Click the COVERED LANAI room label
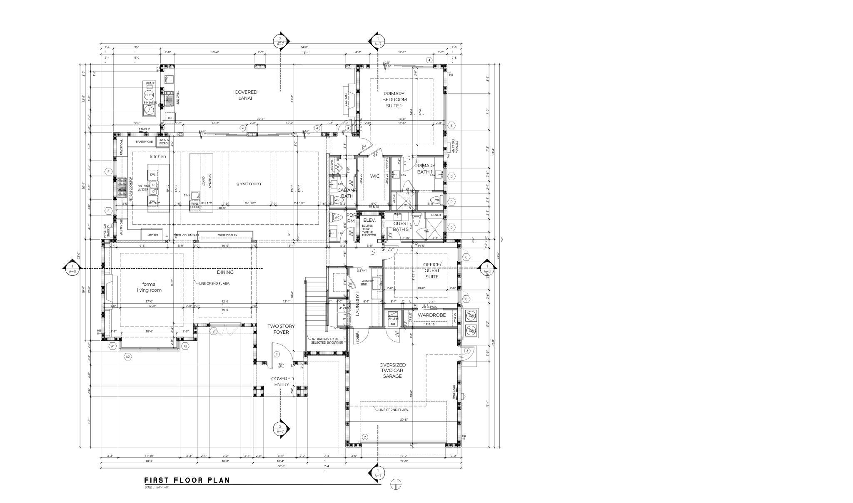click(246, 95)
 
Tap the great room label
click(249, 183)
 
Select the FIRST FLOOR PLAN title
click(187, 480)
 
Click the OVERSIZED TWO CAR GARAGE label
click(392, 370)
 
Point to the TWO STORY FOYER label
click(278, 329)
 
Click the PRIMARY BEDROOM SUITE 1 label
click(394, 100)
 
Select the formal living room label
click(149, 287)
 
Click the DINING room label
click(225, 272)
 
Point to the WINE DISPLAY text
click(227, 235)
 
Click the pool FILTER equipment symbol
click(149, 95)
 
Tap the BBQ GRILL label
click(177, 98)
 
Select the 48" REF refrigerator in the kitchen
click(153, 235)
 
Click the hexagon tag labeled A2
click(128, 357)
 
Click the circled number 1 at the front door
click(277, 354)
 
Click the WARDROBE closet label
click(431, 315)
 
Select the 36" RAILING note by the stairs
click(327, 341)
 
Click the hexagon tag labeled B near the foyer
click(214, 331)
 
